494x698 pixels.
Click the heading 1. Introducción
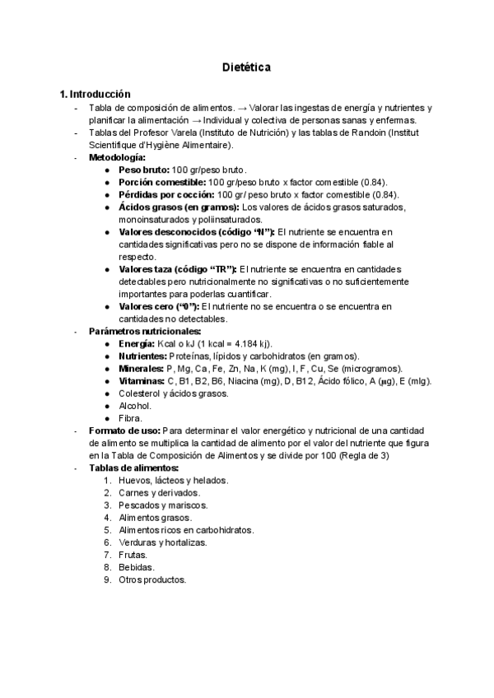pyautogui.click(x=90, y=95)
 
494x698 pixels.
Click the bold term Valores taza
pyautogui.click(x=150, y=269)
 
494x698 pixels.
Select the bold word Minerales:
pyautogui.click(x=141, y=368)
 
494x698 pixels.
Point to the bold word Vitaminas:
pyautogui.click(x=142, y=380)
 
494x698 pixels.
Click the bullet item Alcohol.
pyautogui.click(x=135, y=405)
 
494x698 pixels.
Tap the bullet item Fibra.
pyautogui.click(x=131, y=417)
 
